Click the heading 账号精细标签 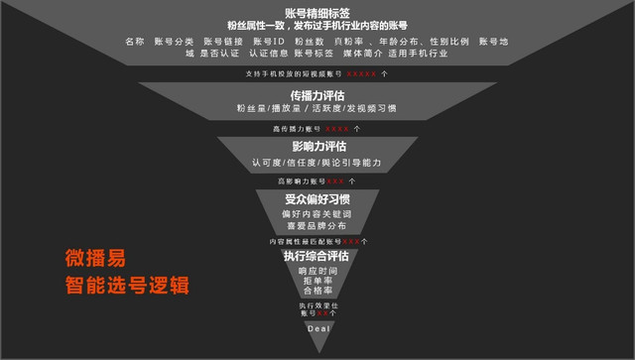[x=317, y=11]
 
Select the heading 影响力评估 [x=317, y=146]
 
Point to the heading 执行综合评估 [x=317, y=255]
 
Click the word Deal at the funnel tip [x=317, y=329]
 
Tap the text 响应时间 [x=317, y=270]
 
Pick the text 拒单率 [x=317, y=282]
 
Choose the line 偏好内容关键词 [x=317, y=214]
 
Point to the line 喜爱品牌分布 [x=317, y=226]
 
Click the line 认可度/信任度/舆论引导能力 [x=317, y=162]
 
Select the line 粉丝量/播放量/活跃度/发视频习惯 [x=317, y=110]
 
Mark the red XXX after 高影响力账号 [x=336, y=181]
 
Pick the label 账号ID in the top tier [x=269, y=41]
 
